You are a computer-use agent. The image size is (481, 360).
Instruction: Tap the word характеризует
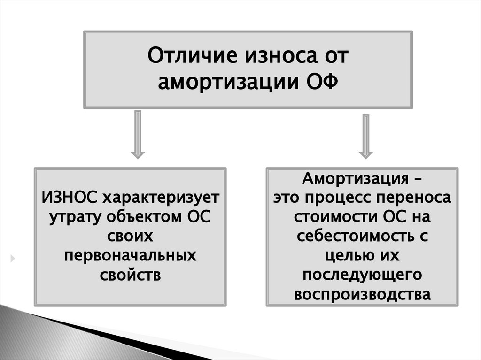point(161,198)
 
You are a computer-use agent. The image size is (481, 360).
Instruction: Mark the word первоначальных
point(130,256)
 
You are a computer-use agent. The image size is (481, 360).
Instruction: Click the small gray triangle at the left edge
point(13,258)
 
